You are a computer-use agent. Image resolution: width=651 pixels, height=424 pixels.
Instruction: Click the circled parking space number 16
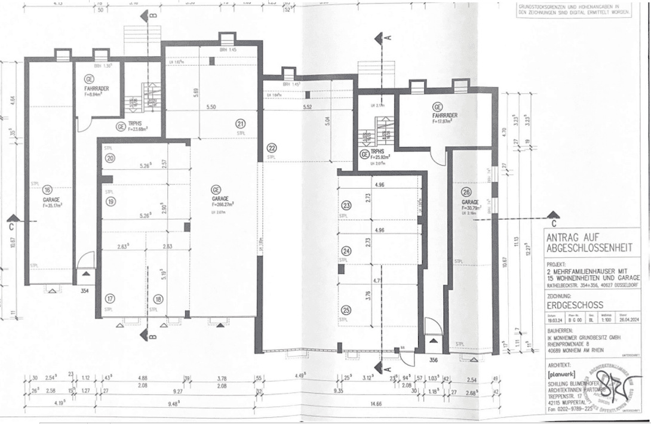(48, 189)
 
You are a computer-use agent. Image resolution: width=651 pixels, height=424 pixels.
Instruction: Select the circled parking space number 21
(240, 124)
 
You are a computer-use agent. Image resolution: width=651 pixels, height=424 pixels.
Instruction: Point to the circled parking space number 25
(346, 309)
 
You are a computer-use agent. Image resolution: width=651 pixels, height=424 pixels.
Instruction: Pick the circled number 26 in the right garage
(466, 192)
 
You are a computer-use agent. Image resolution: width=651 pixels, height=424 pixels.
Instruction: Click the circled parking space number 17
(110, 299)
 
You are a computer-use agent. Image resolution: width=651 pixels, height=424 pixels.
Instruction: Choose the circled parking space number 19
(110, 202)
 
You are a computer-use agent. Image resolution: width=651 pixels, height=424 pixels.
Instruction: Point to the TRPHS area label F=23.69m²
(135, 128)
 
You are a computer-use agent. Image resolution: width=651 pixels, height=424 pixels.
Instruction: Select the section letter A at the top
(389, 37)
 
